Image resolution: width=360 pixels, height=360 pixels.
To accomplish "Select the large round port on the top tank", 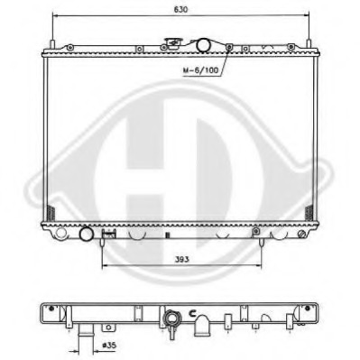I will coord(203,44).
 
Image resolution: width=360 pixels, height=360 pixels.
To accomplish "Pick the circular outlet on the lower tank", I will coord(87,235).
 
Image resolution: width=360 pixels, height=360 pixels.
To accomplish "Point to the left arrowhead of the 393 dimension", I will coord(104,267).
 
